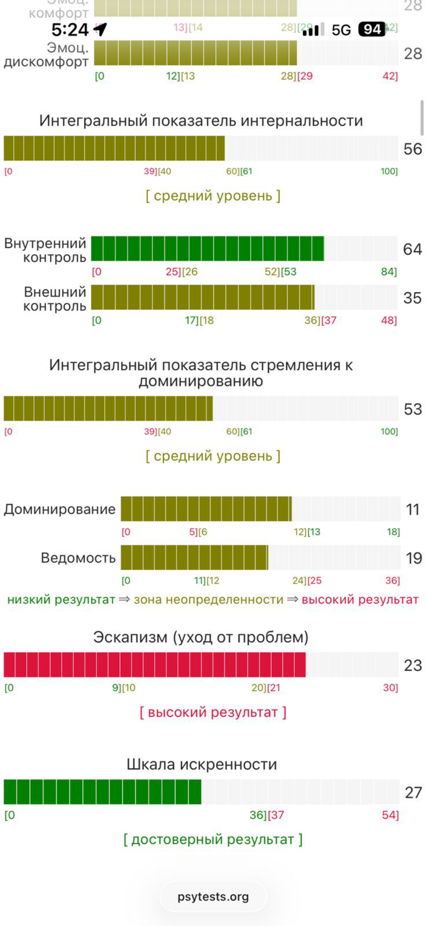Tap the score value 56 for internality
coord(412,149)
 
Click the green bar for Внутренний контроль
coord(207,248)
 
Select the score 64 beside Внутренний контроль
coord(412,249)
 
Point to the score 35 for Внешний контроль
coord(412,298)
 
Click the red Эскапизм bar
coord(154,665)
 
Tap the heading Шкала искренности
coord(202,764)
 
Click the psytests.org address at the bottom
coord(213,896)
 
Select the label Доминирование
coord(60,509)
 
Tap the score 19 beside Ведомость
coord(413,558)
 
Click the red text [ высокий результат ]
coord(213,712)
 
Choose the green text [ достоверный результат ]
coord(213,839)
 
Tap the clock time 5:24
coord(70,30)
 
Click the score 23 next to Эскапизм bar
coord(413,665)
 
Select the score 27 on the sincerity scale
coord(413,792)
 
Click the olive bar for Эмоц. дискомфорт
coord(195,53)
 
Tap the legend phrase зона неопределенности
coord(208,600)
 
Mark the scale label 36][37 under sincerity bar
coord(266,814)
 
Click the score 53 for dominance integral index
coord(413,409)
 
